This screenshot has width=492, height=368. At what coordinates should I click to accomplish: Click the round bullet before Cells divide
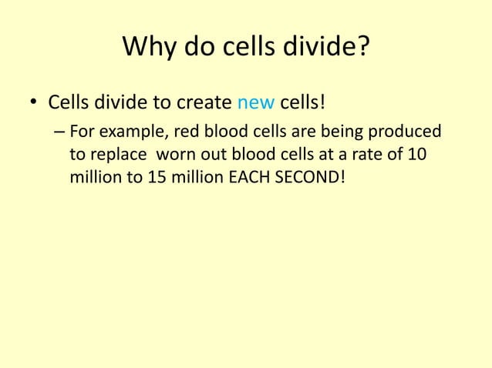point(33,103)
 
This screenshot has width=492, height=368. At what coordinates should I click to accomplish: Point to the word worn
point(175,154)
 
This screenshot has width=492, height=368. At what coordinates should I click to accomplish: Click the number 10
point(416,154)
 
